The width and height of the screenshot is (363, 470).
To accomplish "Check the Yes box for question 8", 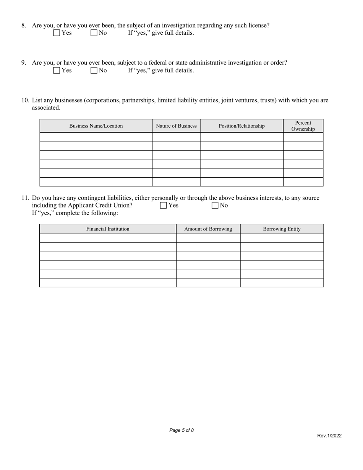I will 57,33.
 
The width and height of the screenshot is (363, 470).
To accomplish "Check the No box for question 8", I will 94,33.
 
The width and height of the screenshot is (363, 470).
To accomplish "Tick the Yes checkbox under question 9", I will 57,70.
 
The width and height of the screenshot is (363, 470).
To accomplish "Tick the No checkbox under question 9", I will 94,70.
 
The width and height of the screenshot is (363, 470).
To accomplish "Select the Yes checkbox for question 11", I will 164,206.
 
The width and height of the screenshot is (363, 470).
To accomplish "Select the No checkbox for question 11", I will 215,206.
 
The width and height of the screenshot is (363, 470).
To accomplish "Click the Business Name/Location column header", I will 96,126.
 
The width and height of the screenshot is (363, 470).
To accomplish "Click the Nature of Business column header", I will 176,126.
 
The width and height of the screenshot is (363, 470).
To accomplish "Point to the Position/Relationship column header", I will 241,126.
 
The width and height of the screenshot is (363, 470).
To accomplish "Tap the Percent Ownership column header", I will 303,126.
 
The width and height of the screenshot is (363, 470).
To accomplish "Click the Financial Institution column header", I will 108,229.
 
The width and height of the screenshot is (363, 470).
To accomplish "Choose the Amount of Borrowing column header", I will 208,229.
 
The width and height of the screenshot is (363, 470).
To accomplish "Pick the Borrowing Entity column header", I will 282,229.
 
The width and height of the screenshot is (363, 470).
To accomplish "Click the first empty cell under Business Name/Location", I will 96,137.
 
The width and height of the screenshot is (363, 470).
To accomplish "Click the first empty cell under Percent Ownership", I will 303,137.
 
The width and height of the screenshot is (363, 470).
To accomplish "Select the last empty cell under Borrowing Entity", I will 282,283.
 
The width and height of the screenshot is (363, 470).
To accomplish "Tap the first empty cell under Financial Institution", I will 108,238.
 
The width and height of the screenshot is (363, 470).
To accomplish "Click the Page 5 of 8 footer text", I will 181,430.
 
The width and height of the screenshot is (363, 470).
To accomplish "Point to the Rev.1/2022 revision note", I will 329,436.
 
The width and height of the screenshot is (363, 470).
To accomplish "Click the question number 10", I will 25,100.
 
